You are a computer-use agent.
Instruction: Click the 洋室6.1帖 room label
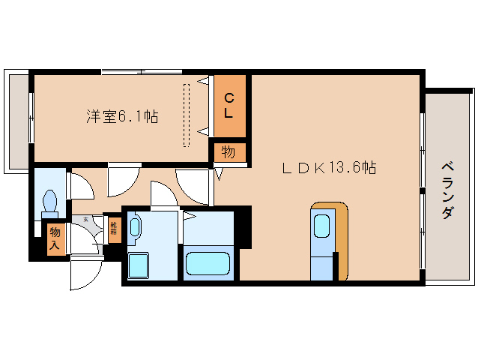pyautogui.click(x=121, y=116)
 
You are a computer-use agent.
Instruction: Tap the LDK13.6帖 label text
pyautogui.click(x=328, y=168)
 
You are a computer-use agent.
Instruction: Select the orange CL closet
pyautogui.click(x=229, y=105)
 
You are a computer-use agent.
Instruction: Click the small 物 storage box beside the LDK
pyautogui.click(x=228, y=152)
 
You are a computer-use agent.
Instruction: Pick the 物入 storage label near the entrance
pyautogui.click(x=55, y=239)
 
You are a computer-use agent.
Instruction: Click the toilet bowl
pyautogui.click(x=50, y=201)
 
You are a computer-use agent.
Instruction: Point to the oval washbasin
pyautogui.click(x=135, y=226)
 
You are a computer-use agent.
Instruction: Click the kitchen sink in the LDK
pyautogui.click(x=321, y=225)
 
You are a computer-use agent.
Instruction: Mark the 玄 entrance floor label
pyautogui.click(x=86, y=220)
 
